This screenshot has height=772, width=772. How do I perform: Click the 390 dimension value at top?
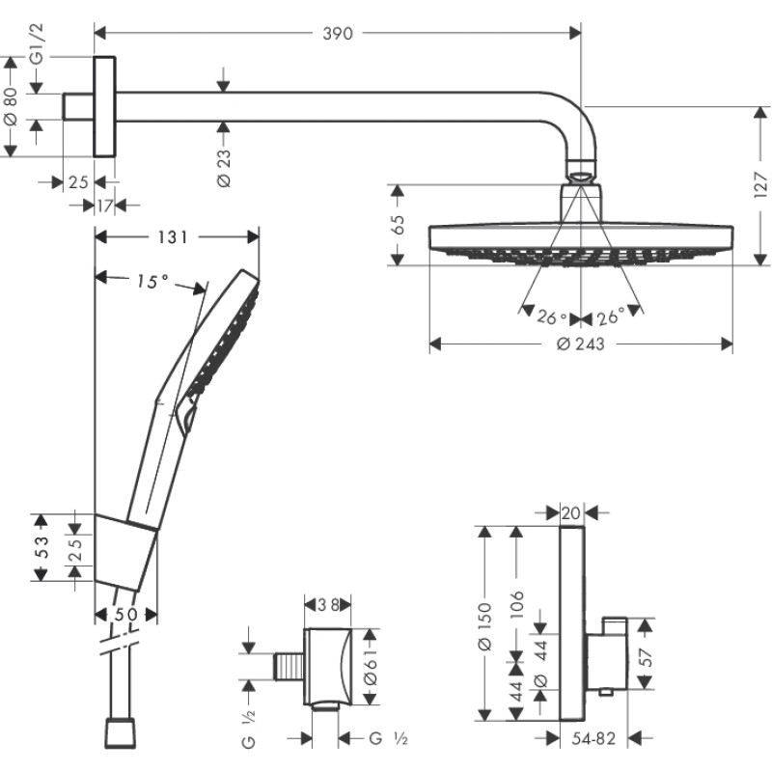point(338,34)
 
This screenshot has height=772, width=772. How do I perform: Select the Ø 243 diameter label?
point(581,345)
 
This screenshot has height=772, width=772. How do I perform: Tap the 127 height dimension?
point(760,184)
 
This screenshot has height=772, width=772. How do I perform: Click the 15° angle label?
point(152,281)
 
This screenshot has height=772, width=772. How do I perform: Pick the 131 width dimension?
point(178,236)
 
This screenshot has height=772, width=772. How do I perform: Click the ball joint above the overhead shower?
point(581,176)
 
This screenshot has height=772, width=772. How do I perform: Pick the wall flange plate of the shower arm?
point(103,105)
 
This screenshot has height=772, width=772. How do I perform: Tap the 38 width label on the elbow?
point(327,605)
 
